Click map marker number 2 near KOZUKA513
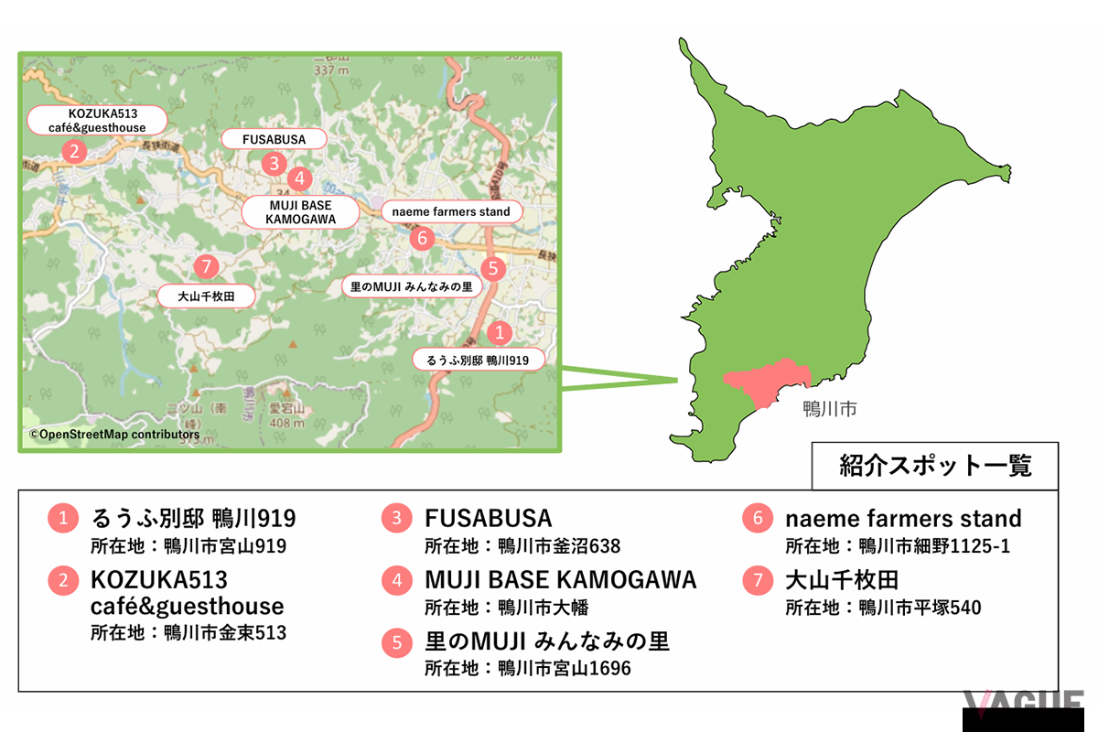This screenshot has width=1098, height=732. (x=73, y=152)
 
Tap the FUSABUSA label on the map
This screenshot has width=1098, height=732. (x=274, y=139)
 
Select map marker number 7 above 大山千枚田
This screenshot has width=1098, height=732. (x=207, y=267)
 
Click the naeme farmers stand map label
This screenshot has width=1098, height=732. (x=451, y=211)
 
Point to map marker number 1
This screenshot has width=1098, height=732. (x=499, y=332)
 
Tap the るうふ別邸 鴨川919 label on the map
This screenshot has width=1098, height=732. (x=478, y=360)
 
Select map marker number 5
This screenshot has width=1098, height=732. (x=493, y=268)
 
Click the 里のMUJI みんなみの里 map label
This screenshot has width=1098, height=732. (x=411, y=286)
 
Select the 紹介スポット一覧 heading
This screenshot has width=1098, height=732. (x=935, y=466)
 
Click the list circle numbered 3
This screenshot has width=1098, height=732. (x=396, y=519)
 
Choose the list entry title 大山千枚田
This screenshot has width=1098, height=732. (x=842, y=580)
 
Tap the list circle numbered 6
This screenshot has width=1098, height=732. (x=757, y=519)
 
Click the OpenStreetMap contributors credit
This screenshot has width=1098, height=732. (x=114, y=435)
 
